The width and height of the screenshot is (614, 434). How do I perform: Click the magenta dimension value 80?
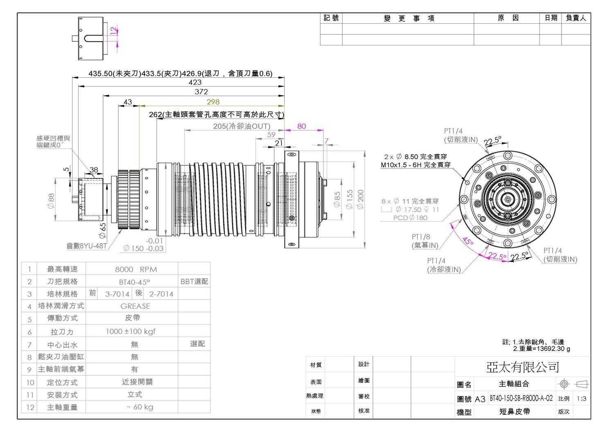[x=301, y=126]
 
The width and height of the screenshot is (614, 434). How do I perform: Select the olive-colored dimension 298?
[x=213, y=102]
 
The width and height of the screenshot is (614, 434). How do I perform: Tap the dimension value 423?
[x=195, y=82]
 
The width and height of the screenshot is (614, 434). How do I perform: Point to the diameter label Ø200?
[x=361, y=200]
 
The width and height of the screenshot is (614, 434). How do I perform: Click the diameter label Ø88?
[x=51, y=201]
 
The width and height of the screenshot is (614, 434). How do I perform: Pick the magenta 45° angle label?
[x=468, y=241]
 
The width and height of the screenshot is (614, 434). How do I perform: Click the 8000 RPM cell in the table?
[x=136, y=269]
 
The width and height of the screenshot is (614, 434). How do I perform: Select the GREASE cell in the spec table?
[x=135, y=306]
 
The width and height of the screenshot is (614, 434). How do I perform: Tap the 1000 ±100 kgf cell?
[x=131, y=331]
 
